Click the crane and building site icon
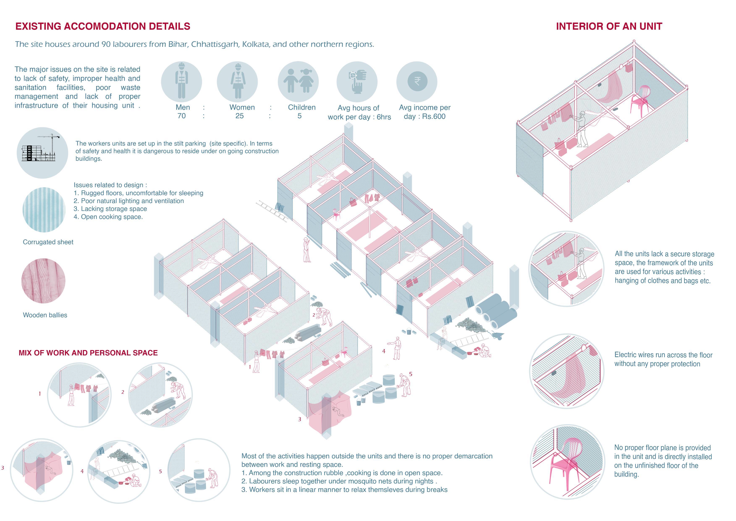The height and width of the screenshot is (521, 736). pos(42,153)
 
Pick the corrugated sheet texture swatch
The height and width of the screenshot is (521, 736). pos(44,210)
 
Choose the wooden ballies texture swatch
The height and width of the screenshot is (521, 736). pos(43,281)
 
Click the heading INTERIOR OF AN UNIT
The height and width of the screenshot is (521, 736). pos(609,26)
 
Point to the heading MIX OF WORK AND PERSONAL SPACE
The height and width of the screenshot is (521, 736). pos(88,353)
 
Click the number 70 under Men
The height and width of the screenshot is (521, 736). pos(181,116)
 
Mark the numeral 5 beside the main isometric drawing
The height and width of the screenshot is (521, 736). pos(411,374)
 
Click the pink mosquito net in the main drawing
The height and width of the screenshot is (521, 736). pos(330,412)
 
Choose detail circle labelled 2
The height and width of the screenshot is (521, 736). pos(160,395)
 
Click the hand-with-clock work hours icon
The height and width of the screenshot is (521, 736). pos(357,82)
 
